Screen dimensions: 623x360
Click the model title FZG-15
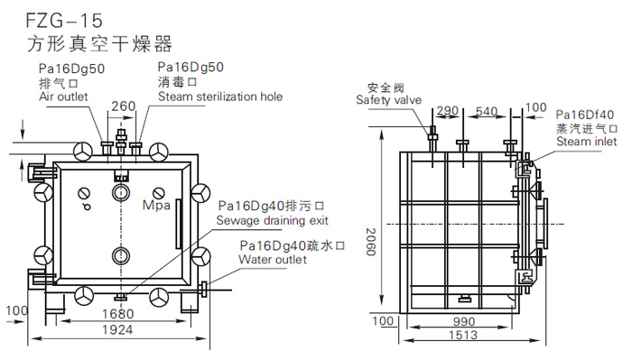point(64,21)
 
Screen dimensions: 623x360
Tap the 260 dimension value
point(124,106)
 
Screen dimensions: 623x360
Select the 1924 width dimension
point(117,329)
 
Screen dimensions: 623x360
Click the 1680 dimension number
point(118,314)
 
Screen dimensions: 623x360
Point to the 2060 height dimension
point(371,242)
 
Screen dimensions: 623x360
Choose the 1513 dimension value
point(463,335)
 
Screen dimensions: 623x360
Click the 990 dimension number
point(464,321)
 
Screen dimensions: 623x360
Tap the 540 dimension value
point(487,111)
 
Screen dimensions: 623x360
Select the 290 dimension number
point(447,110)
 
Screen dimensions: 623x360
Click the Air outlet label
point(63,97)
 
